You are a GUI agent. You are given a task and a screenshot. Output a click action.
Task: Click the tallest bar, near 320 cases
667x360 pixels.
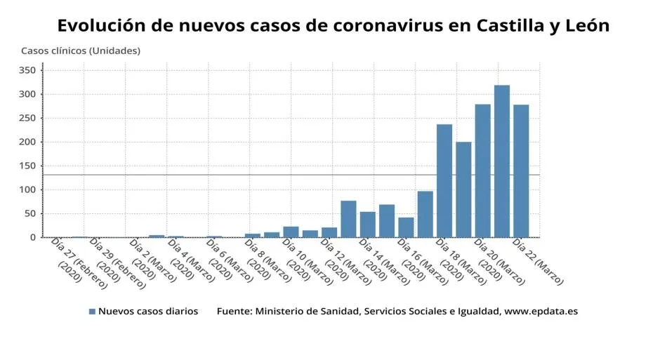(501, 161)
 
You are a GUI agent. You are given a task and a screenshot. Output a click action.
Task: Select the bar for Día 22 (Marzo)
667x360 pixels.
(521, 171)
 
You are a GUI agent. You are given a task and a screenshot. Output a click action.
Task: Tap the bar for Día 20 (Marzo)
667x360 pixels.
(482, 171)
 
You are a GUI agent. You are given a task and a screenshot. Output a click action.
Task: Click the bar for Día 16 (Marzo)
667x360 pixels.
(406, 227)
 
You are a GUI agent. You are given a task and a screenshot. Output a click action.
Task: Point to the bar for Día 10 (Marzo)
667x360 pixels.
(291, 232)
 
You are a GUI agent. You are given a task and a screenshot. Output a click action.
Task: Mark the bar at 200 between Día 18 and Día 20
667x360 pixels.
(463, 189)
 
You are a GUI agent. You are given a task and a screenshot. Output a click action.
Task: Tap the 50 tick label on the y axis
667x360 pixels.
(30, 214)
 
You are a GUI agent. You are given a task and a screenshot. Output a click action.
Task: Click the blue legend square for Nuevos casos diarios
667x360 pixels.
(92, 311)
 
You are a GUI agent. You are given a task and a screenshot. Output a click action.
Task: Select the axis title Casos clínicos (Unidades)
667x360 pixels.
(80, 51)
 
